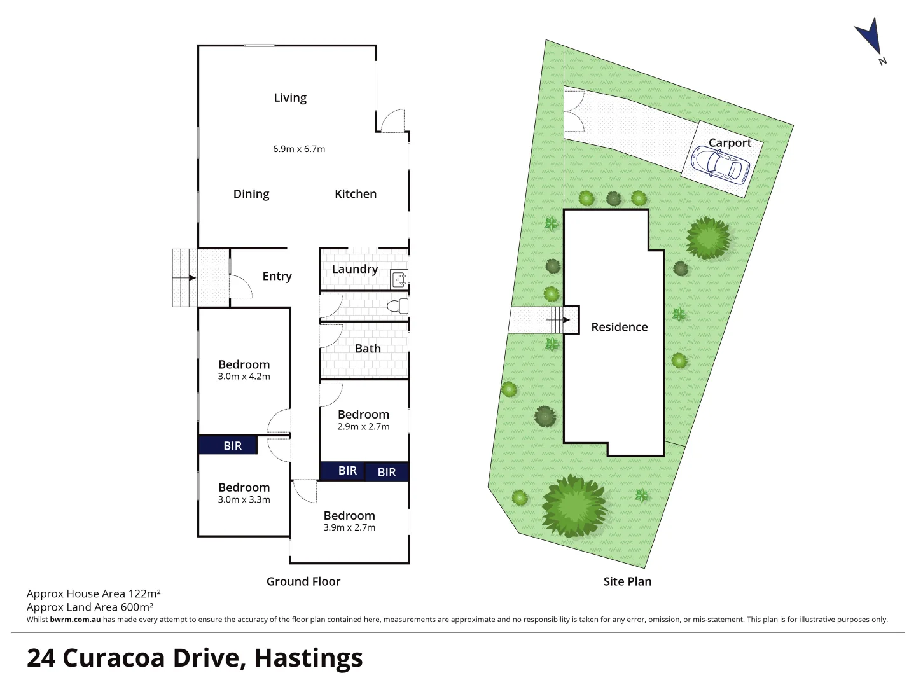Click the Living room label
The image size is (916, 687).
290,97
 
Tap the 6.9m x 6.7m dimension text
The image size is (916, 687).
299,149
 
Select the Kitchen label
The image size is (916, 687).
356,194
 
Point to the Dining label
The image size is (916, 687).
251,194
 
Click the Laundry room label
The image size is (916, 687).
355,269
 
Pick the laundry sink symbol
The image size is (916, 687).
399,277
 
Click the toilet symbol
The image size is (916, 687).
396,307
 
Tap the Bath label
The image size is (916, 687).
368,349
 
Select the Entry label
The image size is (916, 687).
277,276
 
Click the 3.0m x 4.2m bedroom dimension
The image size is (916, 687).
244,377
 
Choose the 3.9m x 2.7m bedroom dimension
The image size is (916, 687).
349,527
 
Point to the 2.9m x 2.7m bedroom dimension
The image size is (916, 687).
363,427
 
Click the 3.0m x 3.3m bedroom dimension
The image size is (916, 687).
244,500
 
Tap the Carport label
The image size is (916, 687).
730,143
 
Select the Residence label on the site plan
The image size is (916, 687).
619,327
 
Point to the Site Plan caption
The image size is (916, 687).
627,581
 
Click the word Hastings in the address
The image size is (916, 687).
309,658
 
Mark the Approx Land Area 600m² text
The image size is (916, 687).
90,607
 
